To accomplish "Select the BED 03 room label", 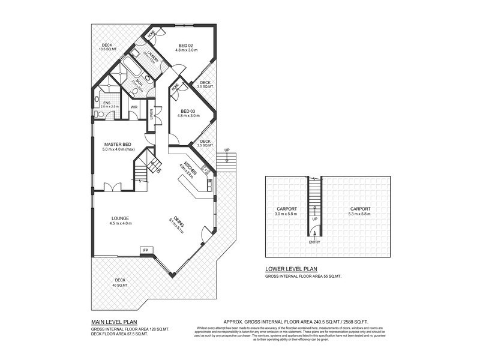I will coord(189,112).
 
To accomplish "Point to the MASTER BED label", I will coord(118,145).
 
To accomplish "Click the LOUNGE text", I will coord(120,218).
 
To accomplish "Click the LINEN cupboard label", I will coord(153,113).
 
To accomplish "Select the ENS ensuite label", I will coord(107,103).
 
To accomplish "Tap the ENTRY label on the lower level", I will coord(314,242).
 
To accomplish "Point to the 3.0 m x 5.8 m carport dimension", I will coord(286,214).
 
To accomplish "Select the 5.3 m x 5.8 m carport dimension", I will coord(360,214).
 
